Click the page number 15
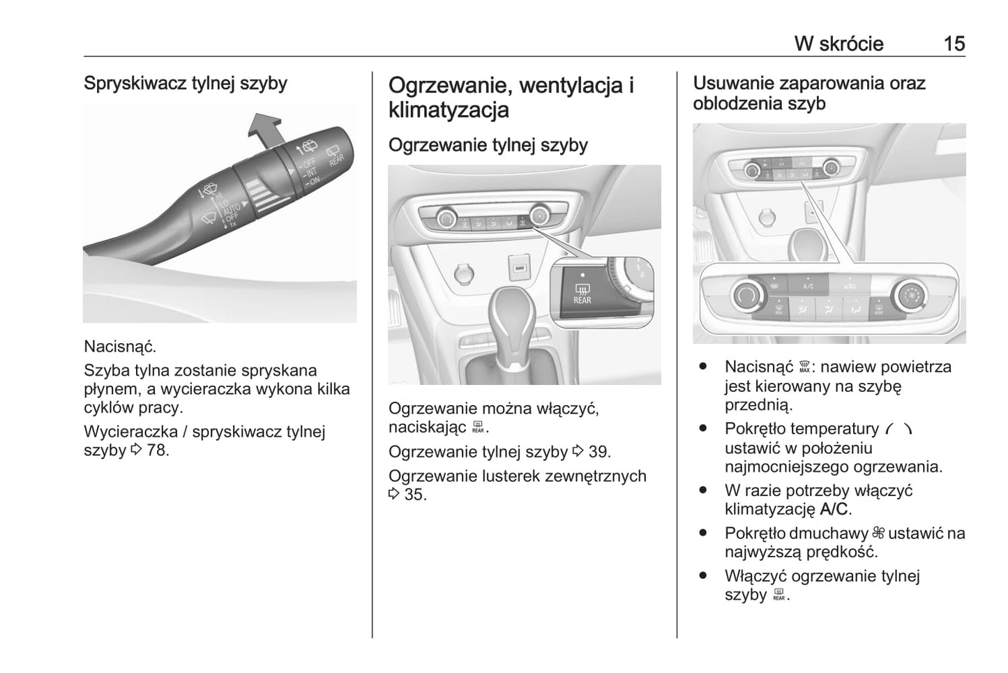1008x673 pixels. pos(954,43)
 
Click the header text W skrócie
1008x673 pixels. pos(838,43)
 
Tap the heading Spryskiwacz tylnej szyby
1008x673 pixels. pos(186,83)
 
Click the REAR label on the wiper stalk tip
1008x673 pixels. pos(336,156)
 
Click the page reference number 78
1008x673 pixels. pos(157,450)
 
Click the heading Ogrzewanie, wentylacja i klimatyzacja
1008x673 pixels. pos(511,97)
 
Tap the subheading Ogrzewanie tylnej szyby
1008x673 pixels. pos(488,145)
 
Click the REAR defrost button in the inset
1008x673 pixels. pos(582,294)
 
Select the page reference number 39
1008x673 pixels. pos(599,452)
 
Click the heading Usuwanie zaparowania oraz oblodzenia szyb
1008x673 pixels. pos(808,93)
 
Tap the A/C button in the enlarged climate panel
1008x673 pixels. pos(808,286)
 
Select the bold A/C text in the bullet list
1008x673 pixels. pos(834,509)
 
